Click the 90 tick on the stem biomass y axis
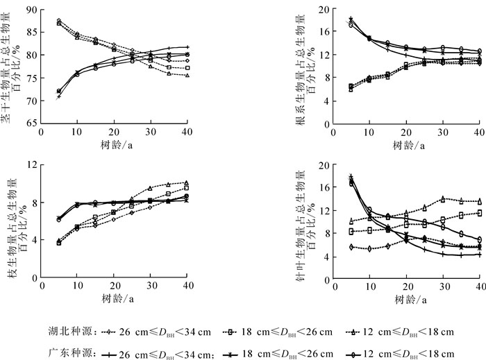coord(33,10)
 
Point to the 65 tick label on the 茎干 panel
coord(33,123)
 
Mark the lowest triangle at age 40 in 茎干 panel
coord(187,75)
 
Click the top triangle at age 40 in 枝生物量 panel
coord(187,183)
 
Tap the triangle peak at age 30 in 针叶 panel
coord(442,198)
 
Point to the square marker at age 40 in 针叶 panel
coord(479,213)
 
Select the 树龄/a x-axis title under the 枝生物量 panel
coord(114,298)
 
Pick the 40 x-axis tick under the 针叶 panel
coord(478,286)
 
